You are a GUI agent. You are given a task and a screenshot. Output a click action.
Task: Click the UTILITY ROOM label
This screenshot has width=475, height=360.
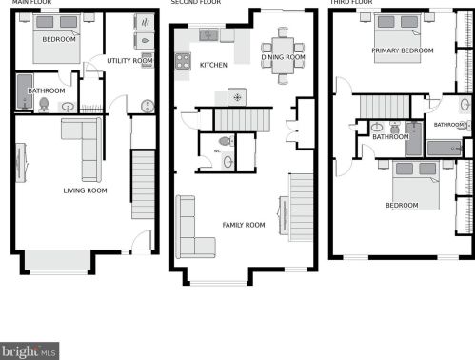pyautogui.click(x=129, y=61)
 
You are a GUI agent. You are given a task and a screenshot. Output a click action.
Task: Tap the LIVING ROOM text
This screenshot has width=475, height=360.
pyautogui.click(x=84, y=190)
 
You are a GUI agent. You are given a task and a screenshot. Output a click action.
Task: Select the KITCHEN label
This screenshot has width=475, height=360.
pyautogui.click(x=213, y=65)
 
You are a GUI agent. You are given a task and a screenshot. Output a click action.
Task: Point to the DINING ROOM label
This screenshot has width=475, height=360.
pyautogui.click(x=283, y=58)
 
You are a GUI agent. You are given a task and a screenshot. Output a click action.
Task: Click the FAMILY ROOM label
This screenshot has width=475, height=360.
pyautogui.click(x=243, y=225)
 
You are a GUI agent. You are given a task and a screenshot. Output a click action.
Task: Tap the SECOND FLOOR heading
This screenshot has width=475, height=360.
pyautogui.click(x=195, y=3)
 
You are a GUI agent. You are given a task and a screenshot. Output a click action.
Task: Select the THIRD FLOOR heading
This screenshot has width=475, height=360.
pyautogui.click(x=351, y=3)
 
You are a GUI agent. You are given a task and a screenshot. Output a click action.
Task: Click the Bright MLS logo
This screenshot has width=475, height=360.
pyautogui.click(x=30, y=350)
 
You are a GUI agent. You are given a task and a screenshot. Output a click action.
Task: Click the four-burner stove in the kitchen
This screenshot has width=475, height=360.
pyautogui.click(x=183, y=60)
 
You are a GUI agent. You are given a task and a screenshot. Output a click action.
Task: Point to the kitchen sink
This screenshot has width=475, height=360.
pyautogui.click(x=209, y=35)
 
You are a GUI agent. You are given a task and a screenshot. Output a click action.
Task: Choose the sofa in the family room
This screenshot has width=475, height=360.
pyautogui.click(x=186, y=227)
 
